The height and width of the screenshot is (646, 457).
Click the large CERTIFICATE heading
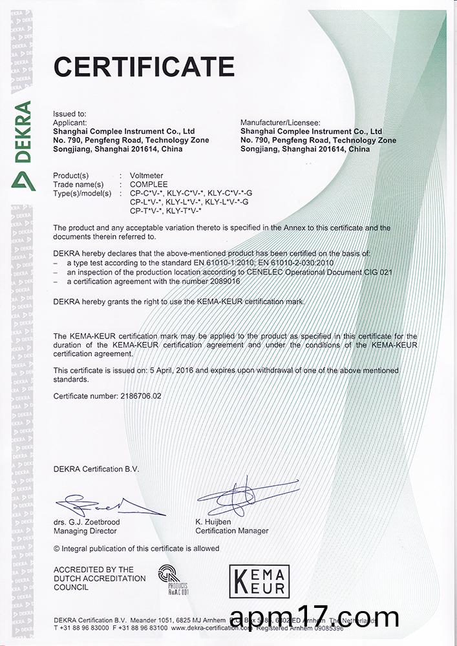pos(143,67)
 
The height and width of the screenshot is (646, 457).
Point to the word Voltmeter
pos(147,175)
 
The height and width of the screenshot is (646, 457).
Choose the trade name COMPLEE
pos(149,184)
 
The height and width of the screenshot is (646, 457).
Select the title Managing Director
pos(85,531)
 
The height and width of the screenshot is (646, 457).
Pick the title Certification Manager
pos(231,531)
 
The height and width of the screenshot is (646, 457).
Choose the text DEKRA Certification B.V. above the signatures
pos(96,469)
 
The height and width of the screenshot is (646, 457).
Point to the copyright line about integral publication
pos(136,548)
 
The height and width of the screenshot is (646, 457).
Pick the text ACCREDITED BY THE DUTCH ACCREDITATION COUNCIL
pos(100,578)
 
